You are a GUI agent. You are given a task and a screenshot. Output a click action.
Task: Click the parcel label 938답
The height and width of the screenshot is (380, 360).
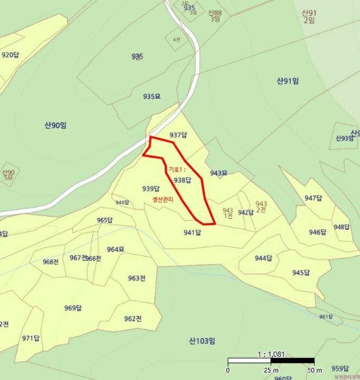coord(182,180)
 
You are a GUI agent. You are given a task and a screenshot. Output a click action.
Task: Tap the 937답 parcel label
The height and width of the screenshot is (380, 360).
coord(178,135)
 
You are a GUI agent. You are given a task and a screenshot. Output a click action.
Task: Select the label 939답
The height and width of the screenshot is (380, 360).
coord(151,189)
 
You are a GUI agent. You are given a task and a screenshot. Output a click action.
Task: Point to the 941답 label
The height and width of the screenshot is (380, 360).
coord(192,233)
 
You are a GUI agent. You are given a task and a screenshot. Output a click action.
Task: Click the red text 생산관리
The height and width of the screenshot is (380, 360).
coord(163,200)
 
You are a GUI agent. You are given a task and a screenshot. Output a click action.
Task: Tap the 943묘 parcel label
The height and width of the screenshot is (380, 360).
coord(219,173)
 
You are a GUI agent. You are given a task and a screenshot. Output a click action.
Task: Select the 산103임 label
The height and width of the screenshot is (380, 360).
coord(202,341)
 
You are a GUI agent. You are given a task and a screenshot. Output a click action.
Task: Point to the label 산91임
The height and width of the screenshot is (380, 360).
coord(288,81)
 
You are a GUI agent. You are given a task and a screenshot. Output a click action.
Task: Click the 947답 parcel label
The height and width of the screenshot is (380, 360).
coord(313,198)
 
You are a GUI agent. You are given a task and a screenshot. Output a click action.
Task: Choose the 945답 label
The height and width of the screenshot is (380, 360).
coord(301,273)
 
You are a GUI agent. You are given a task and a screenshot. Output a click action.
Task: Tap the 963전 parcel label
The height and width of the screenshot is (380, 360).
coord(137,278)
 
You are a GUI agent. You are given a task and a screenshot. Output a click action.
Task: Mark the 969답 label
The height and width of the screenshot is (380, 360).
coord(73,308)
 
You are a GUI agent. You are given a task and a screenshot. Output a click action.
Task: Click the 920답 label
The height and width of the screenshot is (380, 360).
coord(10,55)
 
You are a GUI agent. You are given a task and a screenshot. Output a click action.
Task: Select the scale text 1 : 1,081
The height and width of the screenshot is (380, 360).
coord(271,354)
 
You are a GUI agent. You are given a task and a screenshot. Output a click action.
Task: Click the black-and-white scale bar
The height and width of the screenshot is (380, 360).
coord(271,361)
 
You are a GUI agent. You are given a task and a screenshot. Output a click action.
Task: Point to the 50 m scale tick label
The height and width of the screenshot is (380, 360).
coord(314,370)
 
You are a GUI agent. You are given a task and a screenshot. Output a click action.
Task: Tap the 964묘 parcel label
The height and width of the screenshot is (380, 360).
coord(116,249)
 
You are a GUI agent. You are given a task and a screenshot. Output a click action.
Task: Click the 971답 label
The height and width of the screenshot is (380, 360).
coord(31,338)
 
